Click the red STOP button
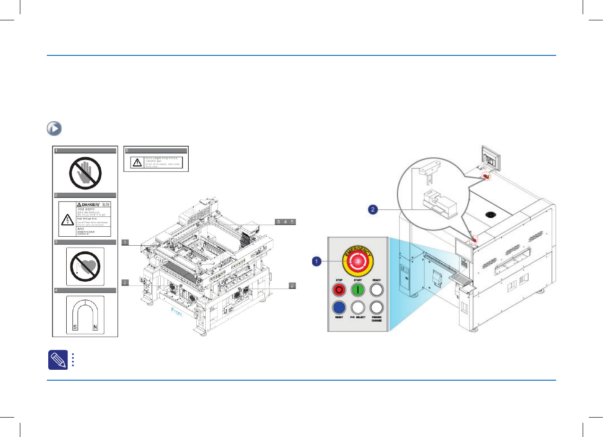pos(338,289)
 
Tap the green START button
pos(359,289)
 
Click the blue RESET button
pos(338,307)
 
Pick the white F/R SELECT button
pos(359,307)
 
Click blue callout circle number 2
pos(372,209)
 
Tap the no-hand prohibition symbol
pos(84,172)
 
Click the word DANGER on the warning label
pos(88,204)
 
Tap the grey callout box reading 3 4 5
pos(286,222)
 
